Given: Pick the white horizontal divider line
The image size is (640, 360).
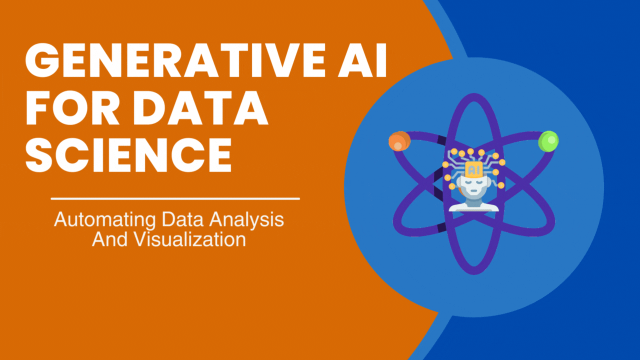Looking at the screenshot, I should point(175,199).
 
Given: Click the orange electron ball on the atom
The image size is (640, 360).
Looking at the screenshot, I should point(399,141).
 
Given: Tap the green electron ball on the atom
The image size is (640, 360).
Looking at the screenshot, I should point(548,141).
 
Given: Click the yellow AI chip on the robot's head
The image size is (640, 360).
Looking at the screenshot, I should point(472,169).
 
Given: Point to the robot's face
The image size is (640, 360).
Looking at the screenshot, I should point(472,186).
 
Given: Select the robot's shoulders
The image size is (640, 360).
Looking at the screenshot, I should point(472,205).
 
